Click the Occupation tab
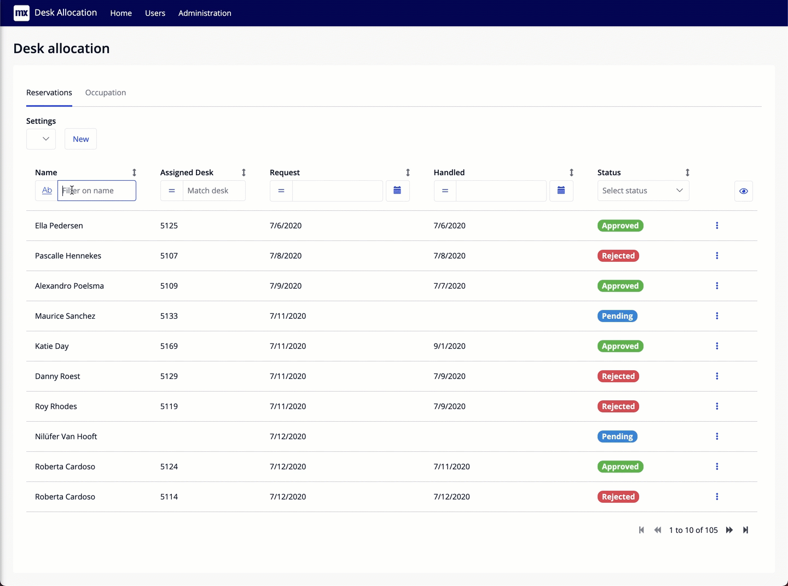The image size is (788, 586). pos(106,93)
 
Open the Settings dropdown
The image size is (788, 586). pos(41,139)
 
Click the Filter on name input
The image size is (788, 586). pos(97,191)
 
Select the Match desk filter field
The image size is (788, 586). pos(213,191)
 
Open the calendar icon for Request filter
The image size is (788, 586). pos(397,191)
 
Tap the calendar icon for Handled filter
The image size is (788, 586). pos(561,191)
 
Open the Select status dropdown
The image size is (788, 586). pos(643,191)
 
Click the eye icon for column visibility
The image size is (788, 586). pos(743,191)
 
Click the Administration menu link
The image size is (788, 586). pos(205,13)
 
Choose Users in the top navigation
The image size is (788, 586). pos(155,13)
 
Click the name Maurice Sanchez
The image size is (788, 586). pos(65,316)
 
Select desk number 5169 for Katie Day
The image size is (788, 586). pos(169,346)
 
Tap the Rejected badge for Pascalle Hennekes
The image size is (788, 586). pos(618,256)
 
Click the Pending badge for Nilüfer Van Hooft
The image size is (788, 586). pos(617,436)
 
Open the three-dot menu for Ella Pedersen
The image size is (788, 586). pos(717,226)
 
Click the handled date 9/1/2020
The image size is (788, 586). pos(449,346)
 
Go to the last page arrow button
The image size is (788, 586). pos(745,530)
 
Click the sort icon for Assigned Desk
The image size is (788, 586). pos(244,173)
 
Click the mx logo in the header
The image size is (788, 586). pos(21,13)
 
